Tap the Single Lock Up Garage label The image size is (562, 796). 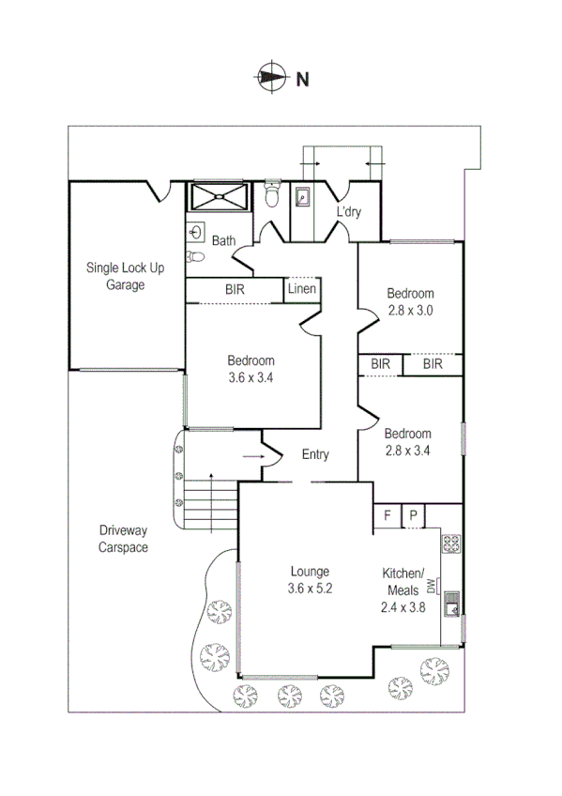pos(125,276)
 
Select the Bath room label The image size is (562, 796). pos(223,240)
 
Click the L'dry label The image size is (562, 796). pos(349,212)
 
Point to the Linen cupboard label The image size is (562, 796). pos(302,289)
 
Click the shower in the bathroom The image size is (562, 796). pos(220,197)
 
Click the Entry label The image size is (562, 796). pos(315,455)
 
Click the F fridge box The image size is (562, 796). pos(387,515)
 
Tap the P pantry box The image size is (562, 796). pos(413,515)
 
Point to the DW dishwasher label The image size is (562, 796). pos(432,587)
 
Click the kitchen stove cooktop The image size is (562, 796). pos(450,542)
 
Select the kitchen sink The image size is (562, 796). pos(451,602)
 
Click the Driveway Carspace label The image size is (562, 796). pos(124,540)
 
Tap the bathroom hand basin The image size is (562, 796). pos(197,231)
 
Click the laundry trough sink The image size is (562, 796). pos(303,198)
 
